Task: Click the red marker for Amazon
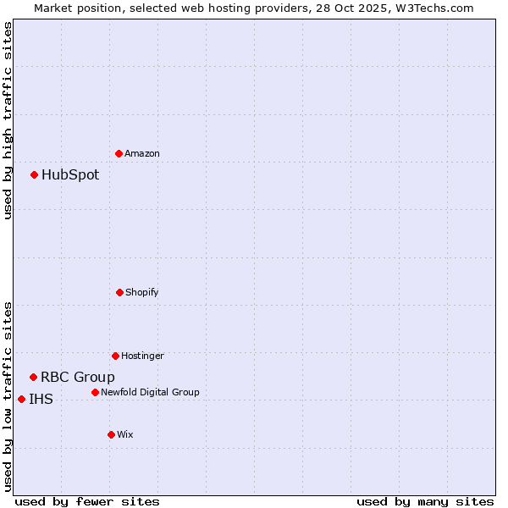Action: (119, 153)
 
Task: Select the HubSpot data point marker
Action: (35, 175)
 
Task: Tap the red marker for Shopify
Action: (119, 292)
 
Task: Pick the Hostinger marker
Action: (115, 356)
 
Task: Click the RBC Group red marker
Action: (34, 377)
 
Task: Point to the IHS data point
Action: (22, 399)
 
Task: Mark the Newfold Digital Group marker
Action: (95, 392)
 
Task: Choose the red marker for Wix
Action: (111, 434)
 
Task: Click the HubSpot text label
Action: (70, 175)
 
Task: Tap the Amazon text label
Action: (142, 153)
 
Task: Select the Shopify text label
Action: (142, 292)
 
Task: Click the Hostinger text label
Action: (142, 356)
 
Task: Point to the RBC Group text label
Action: (78, 377)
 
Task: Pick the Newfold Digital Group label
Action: (150, 392)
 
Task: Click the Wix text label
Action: (125, 434)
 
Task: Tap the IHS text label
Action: (41, 399)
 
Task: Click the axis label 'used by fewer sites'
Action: (87, 501)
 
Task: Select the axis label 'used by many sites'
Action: (425, 501)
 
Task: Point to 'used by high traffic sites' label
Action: (8, 120)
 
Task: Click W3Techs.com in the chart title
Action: (433, 8)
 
